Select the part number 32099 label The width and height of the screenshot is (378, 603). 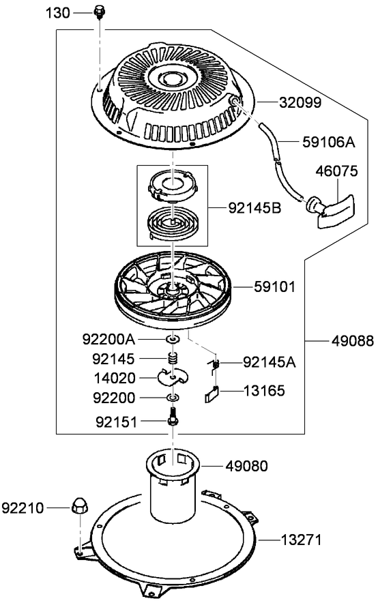tap(300, 103)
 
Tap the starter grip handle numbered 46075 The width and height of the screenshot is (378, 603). tap(332, 210)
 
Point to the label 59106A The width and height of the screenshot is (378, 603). tap(329, 142)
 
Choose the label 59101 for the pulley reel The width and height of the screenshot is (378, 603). tap(274, 287)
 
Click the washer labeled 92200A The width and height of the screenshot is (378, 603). tap(173, 339)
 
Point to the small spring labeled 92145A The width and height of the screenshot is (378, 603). tap(214, 364)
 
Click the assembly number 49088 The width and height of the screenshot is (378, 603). tap(353, 341)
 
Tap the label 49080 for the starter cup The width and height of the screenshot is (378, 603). tap(246, 466)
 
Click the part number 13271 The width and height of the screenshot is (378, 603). tap(301, 540)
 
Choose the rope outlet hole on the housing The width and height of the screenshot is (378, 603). tap(235, 101)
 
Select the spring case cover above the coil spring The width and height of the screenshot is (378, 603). tap(173, 185)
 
